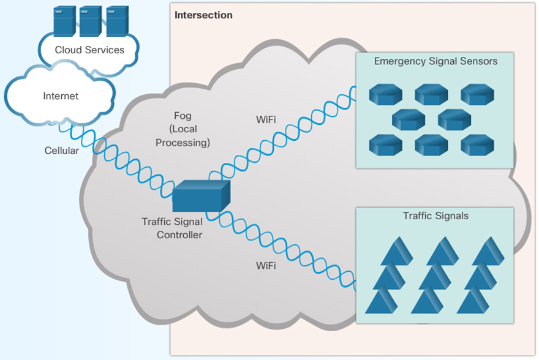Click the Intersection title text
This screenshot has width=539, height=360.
coord(203,15)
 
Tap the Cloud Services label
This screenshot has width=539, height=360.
coord(89,50)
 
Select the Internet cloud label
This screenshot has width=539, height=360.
coord(61,96)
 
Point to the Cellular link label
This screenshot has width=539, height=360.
coord(62,151)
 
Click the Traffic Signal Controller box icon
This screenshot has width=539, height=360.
coord(200,197)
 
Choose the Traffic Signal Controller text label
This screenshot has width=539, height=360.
coord(172,228)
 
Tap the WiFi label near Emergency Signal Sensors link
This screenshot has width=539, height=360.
coord(266,119)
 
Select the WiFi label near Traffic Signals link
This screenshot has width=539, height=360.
coord(266,266)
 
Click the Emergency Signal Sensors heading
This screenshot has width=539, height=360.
coord(435,61)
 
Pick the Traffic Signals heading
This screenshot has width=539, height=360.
coord(435,216)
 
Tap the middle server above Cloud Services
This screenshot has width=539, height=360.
coord(90,21)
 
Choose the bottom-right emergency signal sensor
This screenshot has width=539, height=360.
coord(477,144)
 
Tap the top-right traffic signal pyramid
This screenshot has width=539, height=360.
coord(488,251)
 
